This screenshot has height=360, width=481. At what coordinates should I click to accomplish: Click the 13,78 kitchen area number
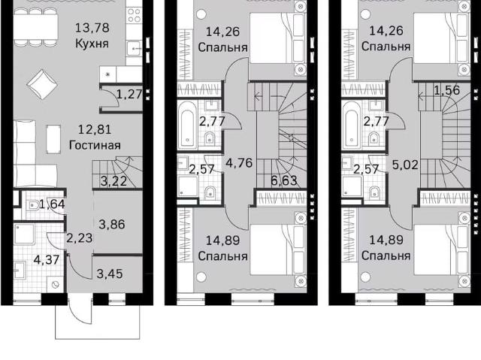pos(92,28)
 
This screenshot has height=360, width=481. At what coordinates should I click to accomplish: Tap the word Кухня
pos(92,44)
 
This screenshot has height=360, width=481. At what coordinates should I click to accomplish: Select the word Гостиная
pos(95,145)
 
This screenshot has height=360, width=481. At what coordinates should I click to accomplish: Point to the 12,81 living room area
pos(95,129)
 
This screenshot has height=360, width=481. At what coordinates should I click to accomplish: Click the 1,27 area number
pos(130,94)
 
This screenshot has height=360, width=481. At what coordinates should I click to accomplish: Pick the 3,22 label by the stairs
pos(113,181)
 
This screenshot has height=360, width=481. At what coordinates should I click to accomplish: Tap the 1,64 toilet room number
pos(53,204)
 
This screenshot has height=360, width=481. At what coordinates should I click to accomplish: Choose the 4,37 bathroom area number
pos(47,260)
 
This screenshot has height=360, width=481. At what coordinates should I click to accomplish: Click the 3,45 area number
pos(110,274)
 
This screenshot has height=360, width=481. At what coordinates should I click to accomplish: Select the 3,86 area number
pos(112,225)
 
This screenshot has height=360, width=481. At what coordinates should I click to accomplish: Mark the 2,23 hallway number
pos(80,238)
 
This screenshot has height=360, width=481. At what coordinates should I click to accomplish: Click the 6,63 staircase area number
pos(284,180)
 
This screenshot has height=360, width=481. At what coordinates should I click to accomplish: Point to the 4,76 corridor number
pos(239,163)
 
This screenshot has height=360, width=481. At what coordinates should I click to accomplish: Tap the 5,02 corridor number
pos(405,165)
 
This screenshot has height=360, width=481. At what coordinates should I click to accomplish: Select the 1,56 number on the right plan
pos(446,90)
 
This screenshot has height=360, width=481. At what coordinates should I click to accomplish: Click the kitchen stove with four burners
pos(134,15)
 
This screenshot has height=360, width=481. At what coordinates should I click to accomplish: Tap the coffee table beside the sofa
pos(53,139)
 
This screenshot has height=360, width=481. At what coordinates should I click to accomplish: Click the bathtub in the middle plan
pos(187,126)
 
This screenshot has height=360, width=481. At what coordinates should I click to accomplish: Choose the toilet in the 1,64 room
pos(33,205)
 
